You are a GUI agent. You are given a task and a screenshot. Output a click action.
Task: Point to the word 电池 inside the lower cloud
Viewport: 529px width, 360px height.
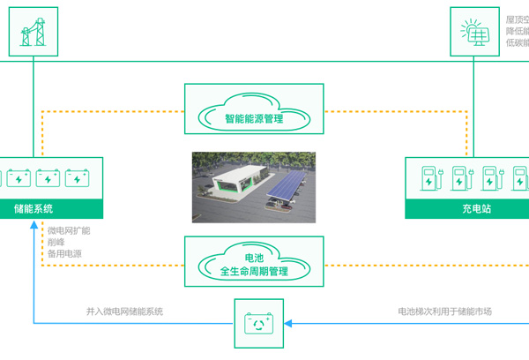coord(253,257)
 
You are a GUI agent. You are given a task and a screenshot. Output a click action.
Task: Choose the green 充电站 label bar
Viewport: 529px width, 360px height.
coord(467,209)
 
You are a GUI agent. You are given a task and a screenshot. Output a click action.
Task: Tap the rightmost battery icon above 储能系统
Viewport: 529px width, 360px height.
coord(79,179)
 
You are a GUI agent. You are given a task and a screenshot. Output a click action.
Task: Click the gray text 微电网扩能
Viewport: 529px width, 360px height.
coord(68,230)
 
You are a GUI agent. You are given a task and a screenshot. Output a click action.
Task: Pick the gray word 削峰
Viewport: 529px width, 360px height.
coord(56,242)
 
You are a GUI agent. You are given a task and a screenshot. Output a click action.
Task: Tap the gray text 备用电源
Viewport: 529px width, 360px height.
coord(63,254)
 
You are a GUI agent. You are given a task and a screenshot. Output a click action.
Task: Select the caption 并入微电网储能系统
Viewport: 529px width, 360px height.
coord(124,311)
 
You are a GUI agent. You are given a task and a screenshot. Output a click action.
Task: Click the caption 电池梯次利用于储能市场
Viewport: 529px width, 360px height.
coord(444,311)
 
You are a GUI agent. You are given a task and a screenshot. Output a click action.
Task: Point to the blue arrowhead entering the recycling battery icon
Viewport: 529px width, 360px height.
coord(287,322)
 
